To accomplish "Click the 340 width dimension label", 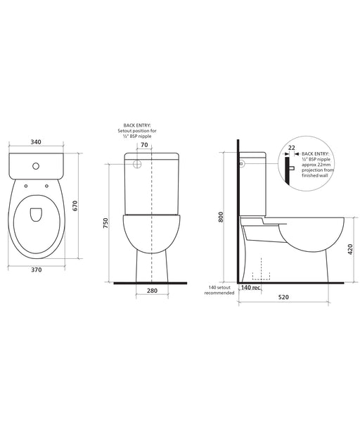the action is coord(36,141).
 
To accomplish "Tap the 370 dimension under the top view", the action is coord(37,270).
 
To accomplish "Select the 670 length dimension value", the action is coord(75,205).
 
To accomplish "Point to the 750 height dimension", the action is coord(105,223).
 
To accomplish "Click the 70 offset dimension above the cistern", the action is coord(144,145).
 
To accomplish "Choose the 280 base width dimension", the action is coord(152,291).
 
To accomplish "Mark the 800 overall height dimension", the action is coord(221,217).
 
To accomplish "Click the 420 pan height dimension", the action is coord(350,249).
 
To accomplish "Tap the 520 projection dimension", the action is coord(283,297).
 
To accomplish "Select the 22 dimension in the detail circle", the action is coord(292,148).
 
